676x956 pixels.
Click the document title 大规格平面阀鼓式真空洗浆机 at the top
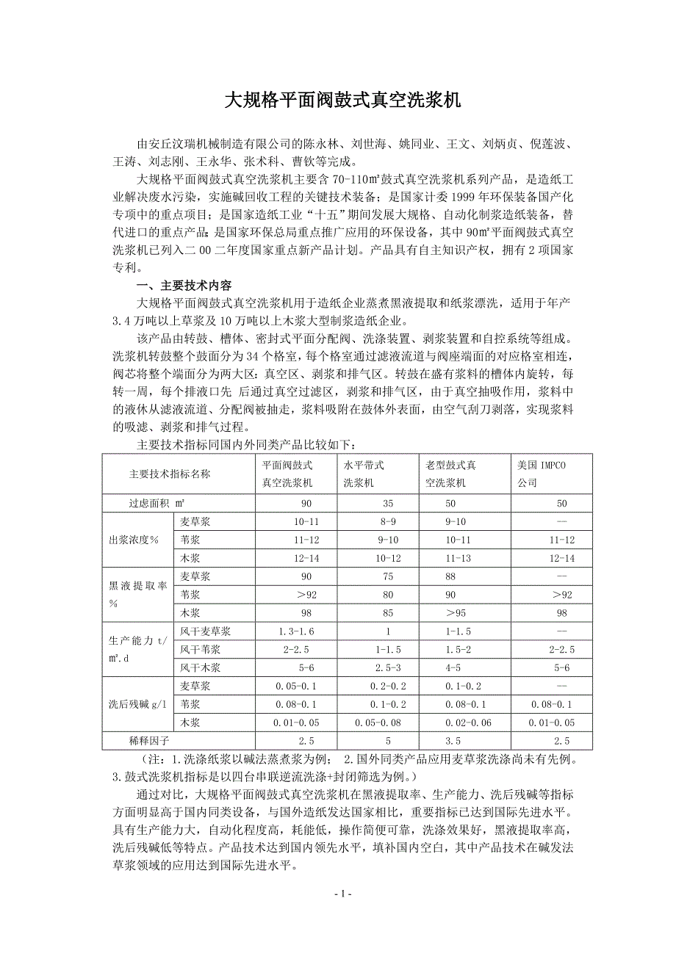click(338, 101)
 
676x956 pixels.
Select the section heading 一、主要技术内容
click(184, 286)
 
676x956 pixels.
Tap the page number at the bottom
click(338, 894)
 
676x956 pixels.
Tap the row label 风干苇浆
click(200, 649)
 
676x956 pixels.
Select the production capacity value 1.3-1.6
click(296, 631)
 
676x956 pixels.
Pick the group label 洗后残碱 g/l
click(138, 704)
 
